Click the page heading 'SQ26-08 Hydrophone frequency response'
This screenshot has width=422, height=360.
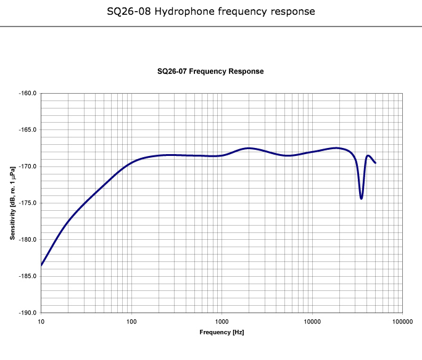211,11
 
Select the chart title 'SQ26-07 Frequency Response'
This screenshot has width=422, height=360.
210,72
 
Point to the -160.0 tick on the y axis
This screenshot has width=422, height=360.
28,94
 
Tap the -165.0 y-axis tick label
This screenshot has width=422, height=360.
28,130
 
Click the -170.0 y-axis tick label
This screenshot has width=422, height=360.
28,166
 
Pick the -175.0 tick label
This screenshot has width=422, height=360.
28,203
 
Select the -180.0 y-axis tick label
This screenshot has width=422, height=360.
28,239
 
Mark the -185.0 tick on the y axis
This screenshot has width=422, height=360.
28,276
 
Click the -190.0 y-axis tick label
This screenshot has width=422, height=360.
28,313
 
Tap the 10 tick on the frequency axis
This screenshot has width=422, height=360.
41,322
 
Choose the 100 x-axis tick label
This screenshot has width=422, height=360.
131,322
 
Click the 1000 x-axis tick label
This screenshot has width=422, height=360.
221,322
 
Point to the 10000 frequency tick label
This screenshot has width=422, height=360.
312,322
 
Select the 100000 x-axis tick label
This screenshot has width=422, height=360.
402,322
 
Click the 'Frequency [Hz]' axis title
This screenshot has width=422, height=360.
221,332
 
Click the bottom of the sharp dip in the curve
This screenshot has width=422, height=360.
362,198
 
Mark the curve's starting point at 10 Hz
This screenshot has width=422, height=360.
41,265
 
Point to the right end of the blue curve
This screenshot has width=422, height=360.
375,163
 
